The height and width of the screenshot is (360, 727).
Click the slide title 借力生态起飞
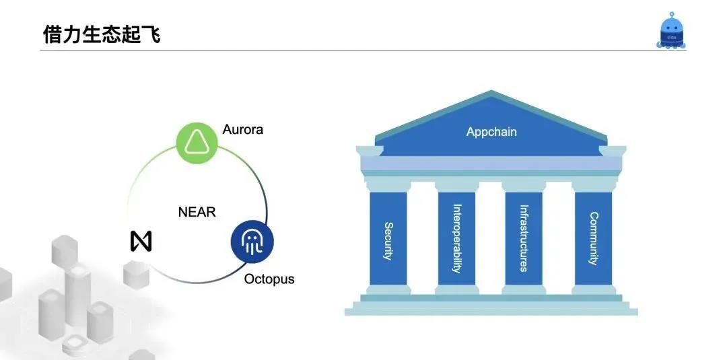pos(102,34)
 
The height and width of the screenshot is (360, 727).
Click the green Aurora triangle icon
pos(196,142)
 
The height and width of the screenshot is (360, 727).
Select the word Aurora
pos(242,129)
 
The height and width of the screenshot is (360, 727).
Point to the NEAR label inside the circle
pos(197,212)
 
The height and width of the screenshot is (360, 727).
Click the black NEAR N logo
pos(141,241)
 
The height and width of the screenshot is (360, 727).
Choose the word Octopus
pos(269,279)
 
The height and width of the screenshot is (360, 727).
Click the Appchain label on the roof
pos(491,132)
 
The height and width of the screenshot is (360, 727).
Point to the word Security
pos(388,241)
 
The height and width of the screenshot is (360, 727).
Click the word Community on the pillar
pos(594,238)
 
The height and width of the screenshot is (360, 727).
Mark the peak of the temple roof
pos(493,93)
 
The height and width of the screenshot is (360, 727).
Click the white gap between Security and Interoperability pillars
pos(423,239)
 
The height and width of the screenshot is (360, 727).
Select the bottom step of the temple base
pos(491,312)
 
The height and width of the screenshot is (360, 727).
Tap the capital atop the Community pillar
pos(594,184)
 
